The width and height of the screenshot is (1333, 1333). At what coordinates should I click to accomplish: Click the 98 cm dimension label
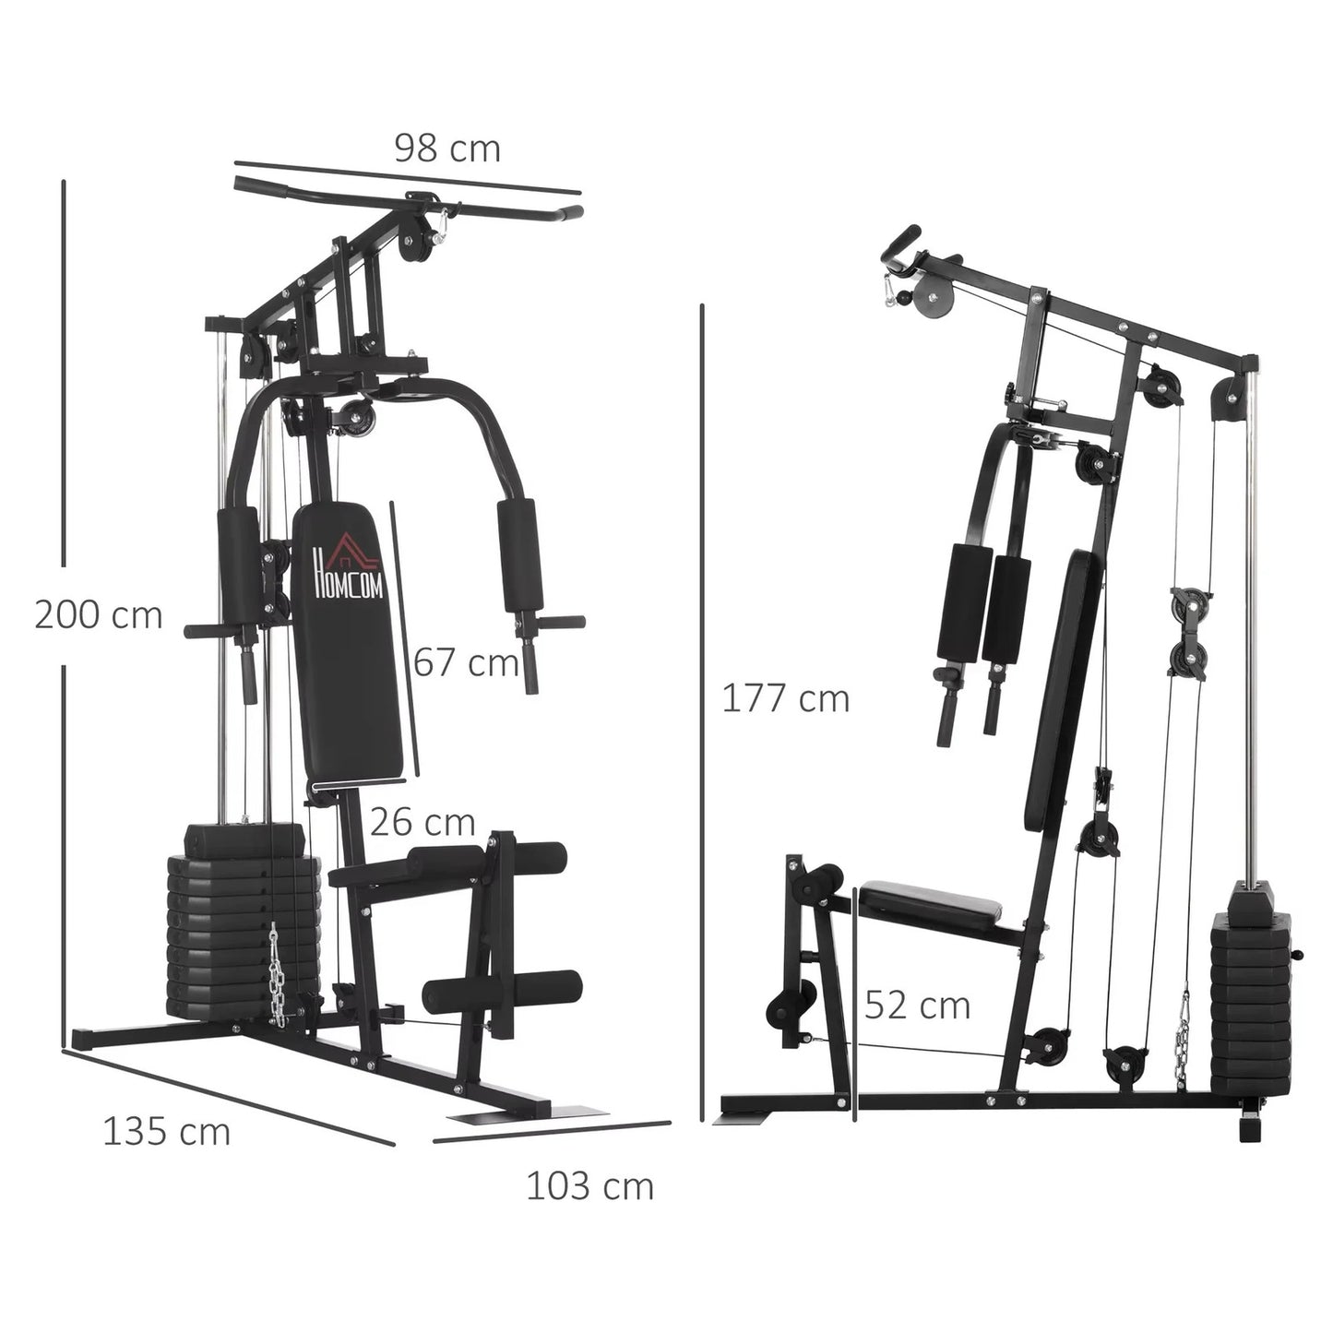(x=447, y=149)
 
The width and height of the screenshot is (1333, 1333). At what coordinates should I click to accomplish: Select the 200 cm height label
(x=99, y=615)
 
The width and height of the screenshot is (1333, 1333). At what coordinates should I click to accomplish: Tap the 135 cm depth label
(x=166, y=1131)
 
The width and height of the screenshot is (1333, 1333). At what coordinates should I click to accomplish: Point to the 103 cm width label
(x=589, y=1185)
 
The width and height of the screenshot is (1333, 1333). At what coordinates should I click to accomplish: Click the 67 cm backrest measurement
(x=466, y=662)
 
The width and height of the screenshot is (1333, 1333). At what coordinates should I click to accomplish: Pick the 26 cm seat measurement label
(x=423, y=822)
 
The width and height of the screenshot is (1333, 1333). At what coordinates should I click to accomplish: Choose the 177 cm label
(x=785, y=698)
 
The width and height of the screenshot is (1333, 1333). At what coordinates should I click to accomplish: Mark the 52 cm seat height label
(x=917, y=1005)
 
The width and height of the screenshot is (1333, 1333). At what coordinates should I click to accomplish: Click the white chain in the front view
(x=275, y=973)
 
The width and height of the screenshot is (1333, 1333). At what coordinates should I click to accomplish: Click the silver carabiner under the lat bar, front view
(x=443, y=222)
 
